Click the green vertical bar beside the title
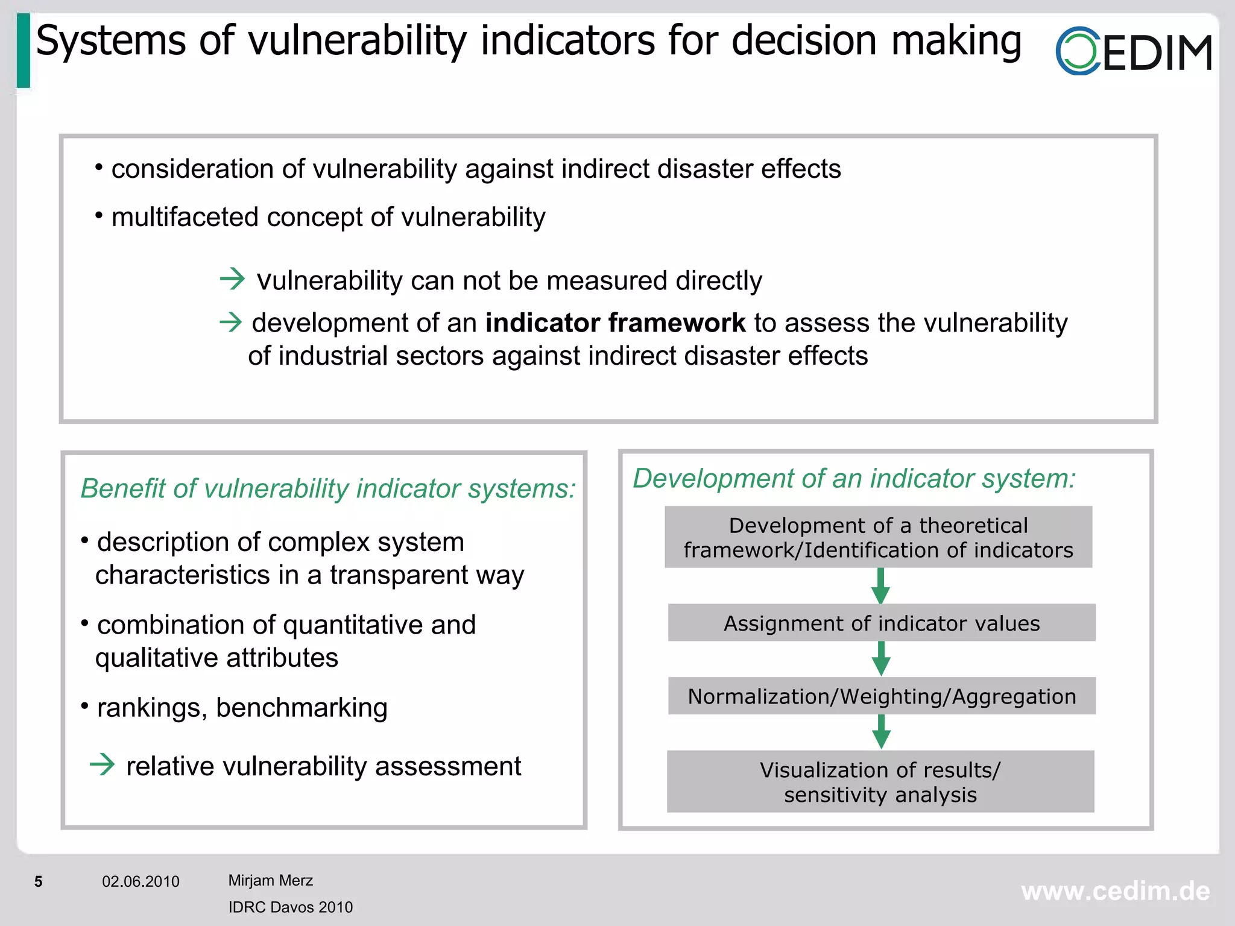click(24, 51)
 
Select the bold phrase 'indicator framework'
click(615, 323)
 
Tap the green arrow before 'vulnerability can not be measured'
click(232, 279)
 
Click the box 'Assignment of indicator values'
click(882, 623)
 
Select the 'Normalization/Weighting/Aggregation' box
click(882, 696)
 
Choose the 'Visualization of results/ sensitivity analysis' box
click(880, 782)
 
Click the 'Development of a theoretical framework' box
click(879, 537)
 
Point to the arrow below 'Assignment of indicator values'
click(881, 658)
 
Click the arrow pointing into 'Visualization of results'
click(881, 732)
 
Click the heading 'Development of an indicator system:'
click(854, 479)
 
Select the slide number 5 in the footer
click(39, 882)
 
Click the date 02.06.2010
click(141, 882)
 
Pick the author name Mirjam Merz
click(270, 881)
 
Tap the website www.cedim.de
click(1115, 892)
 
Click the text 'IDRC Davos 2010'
click(290, 907)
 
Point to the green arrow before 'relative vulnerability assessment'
click(102, 765)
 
